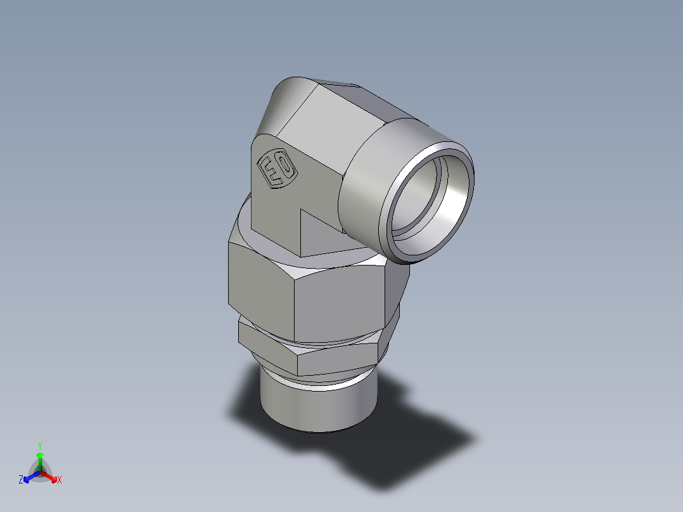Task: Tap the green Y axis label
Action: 39,445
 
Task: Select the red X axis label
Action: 60,480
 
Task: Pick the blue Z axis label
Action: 21,480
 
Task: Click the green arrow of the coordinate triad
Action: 40,458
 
